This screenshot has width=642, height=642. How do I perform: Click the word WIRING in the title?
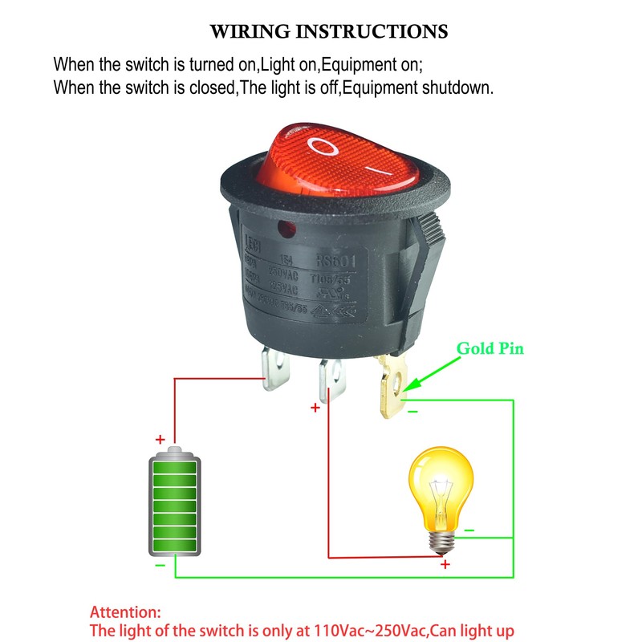(x=249, y=32)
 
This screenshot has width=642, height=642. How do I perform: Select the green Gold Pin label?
(x=490, y=349)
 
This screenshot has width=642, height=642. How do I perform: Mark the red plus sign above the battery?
(x=160, y=439)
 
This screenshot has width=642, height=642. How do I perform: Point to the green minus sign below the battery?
(x=160, y=566)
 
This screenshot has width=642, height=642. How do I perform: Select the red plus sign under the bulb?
(x=445, y=565)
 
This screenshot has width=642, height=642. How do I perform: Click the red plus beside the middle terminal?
(x=315, y=408)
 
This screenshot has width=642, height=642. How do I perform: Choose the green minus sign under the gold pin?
(x=412, y=412)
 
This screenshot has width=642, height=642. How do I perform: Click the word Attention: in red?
(x=124, y=612)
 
